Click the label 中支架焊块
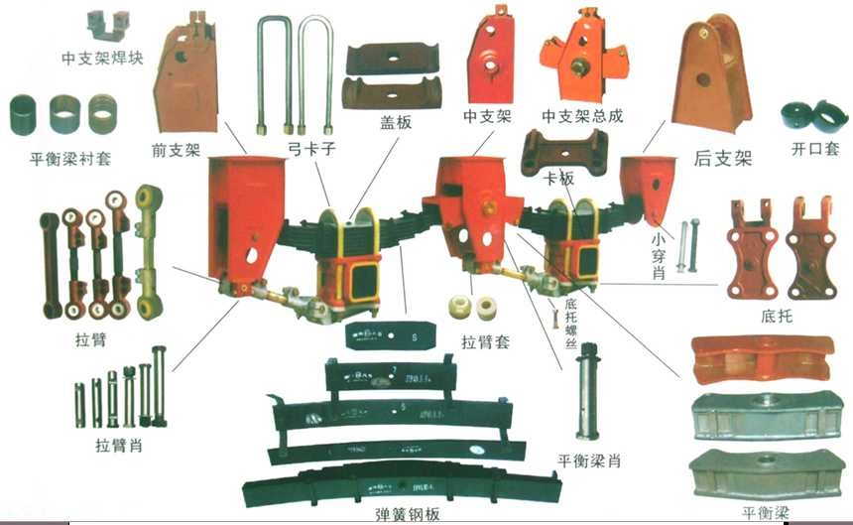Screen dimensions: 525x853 102,59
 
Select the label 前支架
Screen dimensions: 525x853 178,151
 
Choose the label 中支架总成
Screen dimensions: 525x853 582,116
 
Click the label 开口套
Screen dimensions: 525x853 814,150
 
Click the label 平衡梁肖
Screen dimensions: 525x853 592,460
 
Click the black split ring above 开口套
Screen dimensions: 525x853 811,117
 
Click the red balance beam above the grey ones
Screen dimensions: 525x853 759,359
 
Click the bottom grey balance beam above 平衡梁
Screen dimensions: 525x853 759,471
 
